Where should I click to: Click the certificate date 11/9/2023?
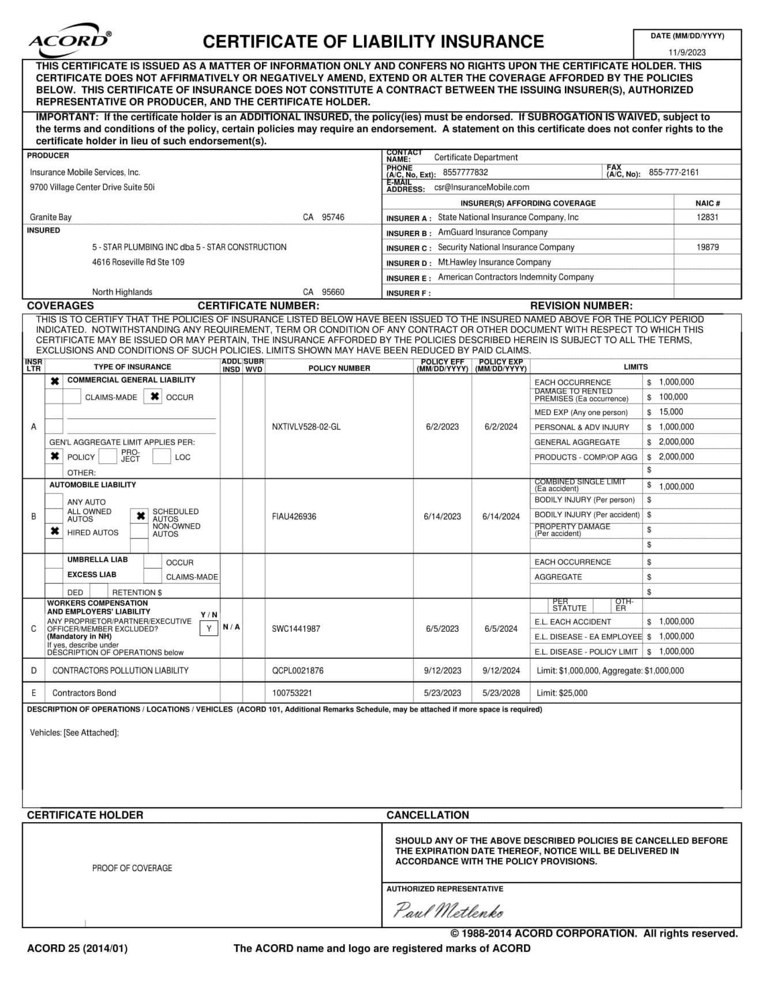click(x=687, y=52)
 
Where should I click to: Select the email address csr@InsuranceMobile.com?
click(x=481, y=187)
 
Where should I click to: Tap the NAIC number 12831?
click(x=707, y=217)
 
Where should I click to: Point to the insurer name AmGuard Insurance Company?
click(x=492, y=232)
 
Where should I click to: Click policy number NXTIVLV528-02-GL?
click(x=306, y=427)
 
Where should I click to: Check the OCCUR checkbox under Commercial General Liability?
click(x=154, y=397)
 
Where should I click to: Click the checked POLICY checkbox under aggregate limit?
click(x=55, y=456)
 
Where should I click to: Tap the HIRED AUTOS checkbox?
click(x=55, y=531)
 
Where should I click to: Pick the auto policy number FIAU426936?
click(x=294, y=517)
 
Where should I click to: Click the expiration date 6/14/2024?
click(x=501, y=517)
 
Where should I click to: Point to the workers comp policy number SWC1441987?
click(x=295, y=628)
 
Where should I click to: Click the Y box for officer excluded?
click(x=209, y=628)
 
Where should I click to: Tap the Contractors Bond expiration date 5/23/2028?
click(x=501, y=693)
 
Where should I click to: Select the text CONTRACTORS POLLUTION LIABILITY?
click(x=120, y=670)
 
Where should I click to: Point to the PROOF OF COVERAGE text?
click(x=132, y=868)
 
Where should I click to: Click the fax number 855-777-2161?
click(x=673, y=172)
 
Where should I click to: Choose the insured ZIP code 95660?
click(x=333, y=292)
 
